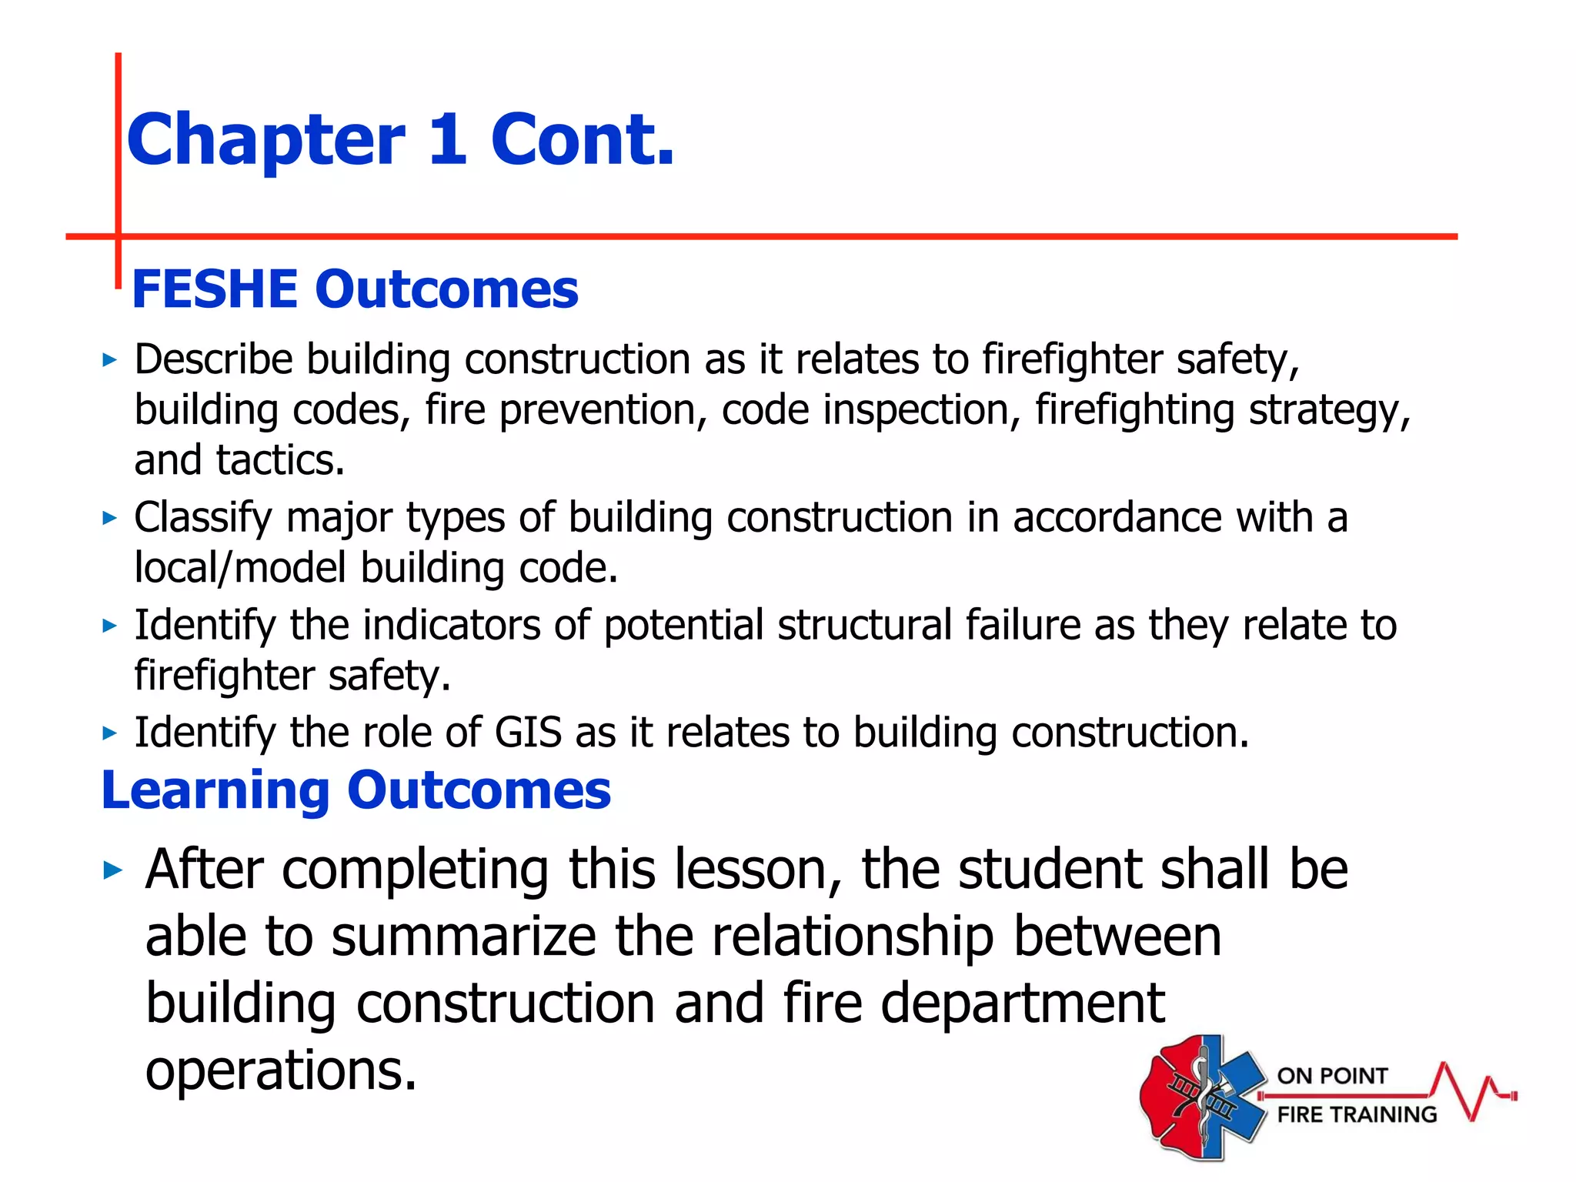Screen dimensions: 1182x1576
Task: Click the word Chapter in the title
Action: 265,141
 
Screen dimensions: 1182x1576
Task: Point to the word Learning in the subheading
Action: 215,791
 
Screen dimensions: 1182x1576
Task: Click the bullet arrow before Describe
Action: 110,360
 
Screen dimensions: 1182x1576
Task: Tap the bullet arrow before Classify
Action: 110,518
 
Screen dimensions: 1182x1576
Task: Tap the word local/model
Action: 239,568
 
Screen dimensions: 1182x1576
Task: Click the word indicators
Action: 451,625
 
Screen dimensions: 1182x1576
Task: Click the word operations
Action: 281,1070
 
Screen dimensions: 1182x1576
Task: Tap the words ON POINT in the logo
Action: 1332,1076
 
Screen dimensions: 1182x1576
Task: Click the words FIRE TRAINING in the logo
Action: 1357,1114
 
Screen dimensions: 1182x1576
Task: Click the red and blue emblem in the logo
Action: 1202,1097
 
